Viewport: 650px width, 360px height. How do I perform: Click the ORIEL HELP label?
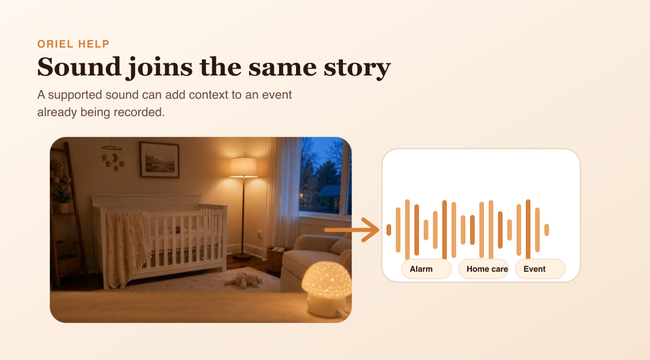pyautogui.click(x=73, y=44)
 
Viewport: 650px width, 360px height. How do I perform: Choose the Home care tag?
pyautogui.click(x=483, y=269)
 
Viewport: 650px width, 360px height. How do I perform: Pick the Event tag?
pyautogui.click(x=540, y=269)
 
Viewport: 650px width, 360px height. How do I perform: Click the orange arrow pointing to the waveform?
pyautogui.click(x=352, y=230)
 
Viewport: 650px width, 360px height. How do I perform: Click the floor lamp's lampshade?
pyautogui.click(x=244, y=167)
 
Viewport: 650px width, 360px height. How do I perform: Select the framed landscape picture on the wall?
pyautogui.click(x=159, y=160)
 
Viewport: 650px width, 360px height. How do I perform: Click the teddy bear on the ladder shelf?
pyautogui.click(x=60, y=171)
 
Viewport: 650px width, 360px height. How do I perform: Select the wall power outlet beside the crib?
pyautogui.click(x=260, y=235)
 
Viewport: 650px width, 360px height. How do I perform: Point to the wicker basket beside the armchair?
pyautogui.click(x=276, y=258)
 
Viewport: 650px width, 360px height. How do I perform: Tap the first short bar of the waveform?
pyautogui.click(x=389, y=230)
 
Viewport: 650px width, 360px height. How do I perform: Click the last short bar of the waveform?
pyautogui.click(x=547, y=230)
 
